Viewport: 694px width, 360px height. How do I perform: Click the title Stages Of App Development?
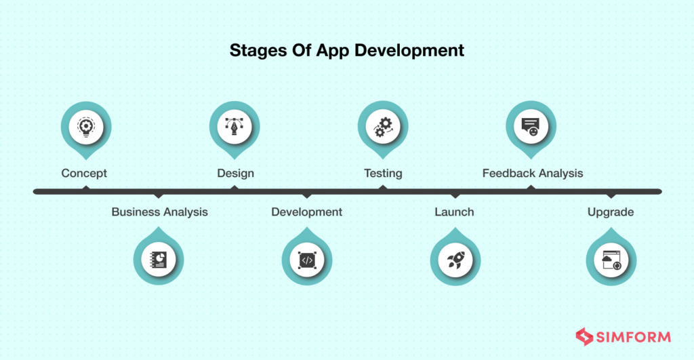point(347,50)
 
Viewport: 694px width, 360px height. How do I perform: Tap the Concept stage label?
point(84,173)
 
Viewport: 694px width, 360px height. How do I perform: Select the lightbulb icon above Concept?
point(86,127)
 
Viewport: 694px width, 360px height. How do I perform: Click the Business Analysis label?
point(159,212)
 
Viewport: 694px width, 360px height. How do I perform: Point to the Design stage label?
point(235,173)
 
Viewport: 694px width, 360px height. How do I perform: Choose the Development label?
point(306,212)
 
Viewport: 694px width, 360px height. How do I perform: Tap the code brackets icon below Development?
point(307,259)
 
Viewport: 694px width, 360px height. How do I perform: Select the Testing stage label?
point(383,173)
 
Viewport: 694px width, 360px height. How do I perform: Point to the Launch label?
point(454,212)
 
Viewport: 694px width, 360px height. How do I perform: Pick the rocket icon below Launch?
point(455,259)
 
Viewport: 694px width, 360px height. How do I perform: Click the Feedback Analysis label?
point(532,173)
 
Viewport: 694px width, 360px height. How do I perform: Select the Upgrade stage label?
point(611,212)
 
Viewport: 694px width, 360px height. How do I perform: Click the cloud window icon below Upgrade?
point(611,259)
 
